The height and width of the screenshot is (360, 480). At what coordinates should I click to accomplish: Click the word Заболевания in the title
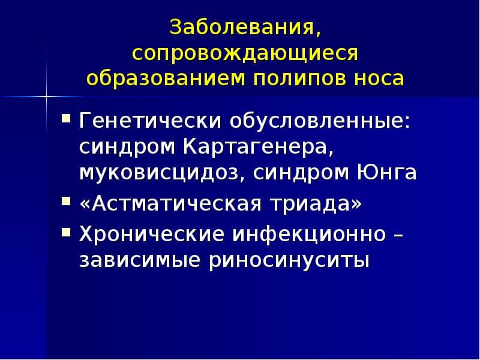pyautogui.click(x=242, y=27)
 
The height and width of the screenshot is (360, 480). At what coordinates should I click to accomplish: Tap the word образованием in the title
pyautogui.click(x=166, y=78)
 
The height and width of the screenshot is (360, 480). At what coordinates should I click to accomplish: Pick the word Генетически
pyautogui.click(x=149, y=121)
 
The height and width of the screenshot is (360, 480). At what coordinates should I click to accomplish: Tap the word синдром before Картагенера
pyautogui.click(x=127, y=148)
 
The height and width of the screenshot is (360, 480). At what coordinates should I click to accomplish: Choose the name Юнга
pyautogui.click(x=386, y=172)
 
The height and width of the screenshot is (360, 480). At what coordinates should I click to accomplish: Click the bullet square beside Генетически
pyautogui.click(x=66, y=118)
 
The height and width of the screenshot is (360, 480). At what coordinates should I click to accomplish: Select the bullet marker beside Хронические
pyautogui.click(x=66, y=232)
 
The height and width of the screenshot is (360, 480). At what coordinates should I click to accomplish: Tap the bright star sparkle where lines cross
pyautogui.click(x=47, y=97)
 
